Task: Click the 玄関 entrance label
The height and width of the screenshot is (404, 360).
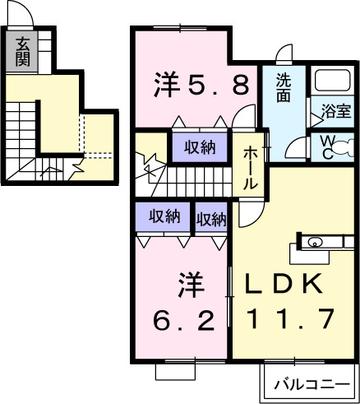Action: (x=22, y=51)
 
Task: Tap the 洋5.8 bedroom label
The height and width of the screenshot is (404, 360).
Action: (x=202, y=84)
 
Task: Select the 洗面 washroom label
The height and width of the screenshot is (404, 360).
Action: (x=284, y=88)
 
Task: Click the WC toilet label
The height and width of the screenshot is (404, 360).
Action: (x=328, y=147)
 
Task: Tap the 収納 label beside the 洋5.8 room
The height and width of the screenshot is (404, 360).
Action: (x=199, y=148)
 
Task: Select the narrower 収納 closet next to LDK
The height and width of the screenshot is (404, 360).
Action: (x=211, y=219)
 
